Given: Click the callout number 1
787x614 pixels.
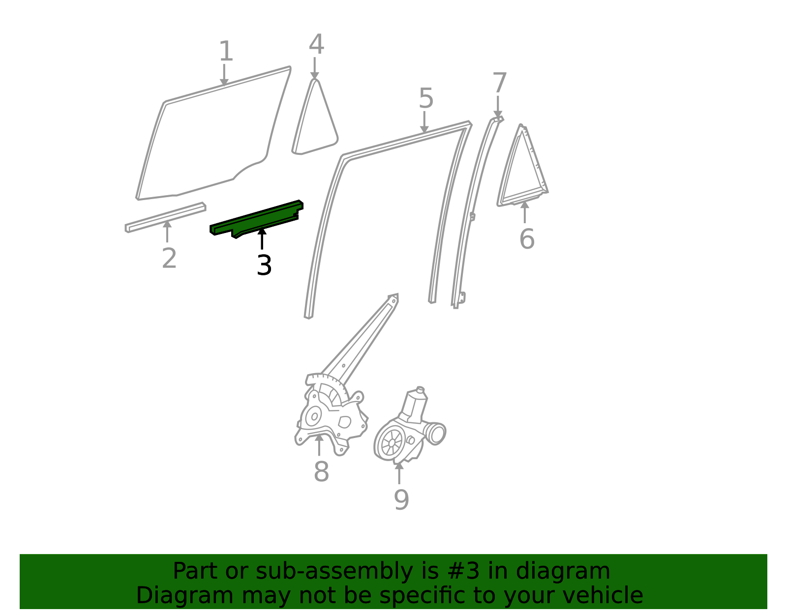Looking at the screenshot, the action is (226, 51).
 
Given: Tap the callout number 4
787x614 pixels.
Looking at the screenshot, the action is (316, 44).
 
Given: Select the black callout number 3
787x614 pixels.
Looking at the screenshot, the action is (264, 265).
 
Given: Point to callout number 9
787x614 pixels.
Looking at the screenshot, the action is (401, 500).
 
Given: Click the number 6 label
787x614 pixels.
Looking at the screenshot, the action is (527, 239).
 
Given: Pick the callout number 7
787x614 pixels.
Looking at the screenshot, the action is (499, 83).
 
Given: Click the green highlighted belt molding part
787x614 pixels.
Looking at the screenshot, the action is (257, 219).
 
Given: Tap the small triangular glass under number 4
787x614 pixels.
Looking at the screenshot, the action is (315, 117).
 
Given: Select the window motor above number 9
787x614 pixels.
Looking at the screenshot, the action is (410, 426).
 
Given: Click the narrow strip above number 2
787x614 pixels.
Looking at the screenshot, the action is (165, 217).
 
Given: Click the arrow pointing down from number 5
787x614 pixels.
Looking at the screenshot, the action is (424, 122).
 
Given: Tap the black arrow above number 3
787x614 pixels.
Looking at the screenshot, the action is (262, 238).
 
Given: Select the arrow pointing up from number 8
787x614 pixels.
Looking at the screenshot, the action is (319, 445).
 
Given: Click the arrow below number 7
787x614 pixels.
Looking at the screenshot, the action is (498, 107).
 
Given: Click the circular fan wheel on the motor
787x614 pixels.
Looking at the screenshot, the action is (392, 442).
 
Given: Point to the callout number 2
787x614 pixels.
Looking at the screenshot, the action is (169, 259).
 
